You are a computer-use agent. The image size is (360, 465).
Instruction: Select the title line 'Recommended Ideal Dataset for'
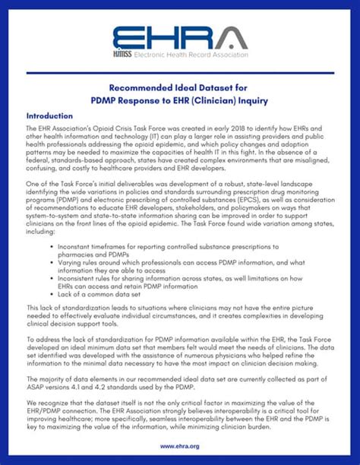point(180,88)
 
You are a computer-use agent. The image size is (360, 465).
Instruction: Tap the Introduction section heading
point(49,116)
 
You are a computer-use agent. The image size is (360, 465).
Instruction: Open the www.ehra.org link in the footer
point(180,447)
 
